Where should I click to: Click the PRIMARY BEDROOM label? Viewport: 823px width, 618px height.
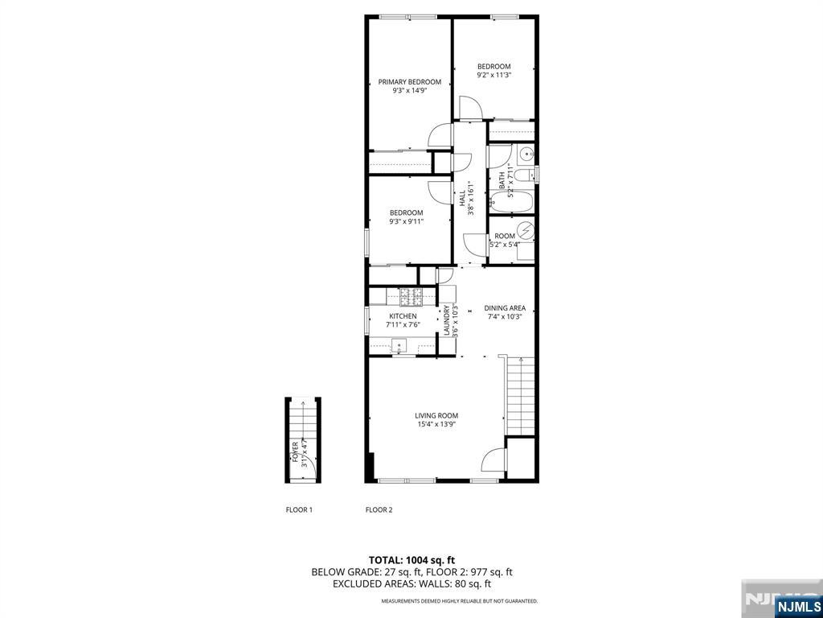(x=409, y=82)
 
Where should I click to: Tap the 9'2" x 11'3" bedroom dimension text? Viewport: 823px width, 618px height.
(x=493, y=75)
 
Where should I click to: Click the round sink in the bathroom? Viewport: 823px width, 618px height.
(x=526, y=154)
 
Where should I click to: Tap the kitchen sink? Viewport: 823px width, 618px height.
(x=400, y=346)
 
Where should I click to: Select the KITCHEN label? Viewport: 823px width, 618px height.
(x=403, y=316)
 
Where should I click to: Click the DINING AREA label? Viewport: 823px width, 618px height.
(x=505, y=308)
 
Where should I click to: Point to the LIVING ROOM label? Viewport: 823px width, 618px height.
(x=436, y=416)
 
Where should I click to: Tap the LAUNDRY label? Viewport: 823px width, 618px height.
(x=446, y=320)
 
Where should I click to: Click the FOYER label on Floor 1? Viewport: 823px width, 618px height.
(x=296, y=455)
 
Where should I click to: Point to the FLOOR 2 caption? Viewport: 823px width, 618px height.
(x=379, y=509)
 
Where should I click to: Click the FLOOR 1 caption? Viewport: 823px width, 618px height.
(x=299, y=509)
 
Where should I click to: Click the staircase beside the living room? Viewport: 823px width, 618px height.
(x=520, y=396)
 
